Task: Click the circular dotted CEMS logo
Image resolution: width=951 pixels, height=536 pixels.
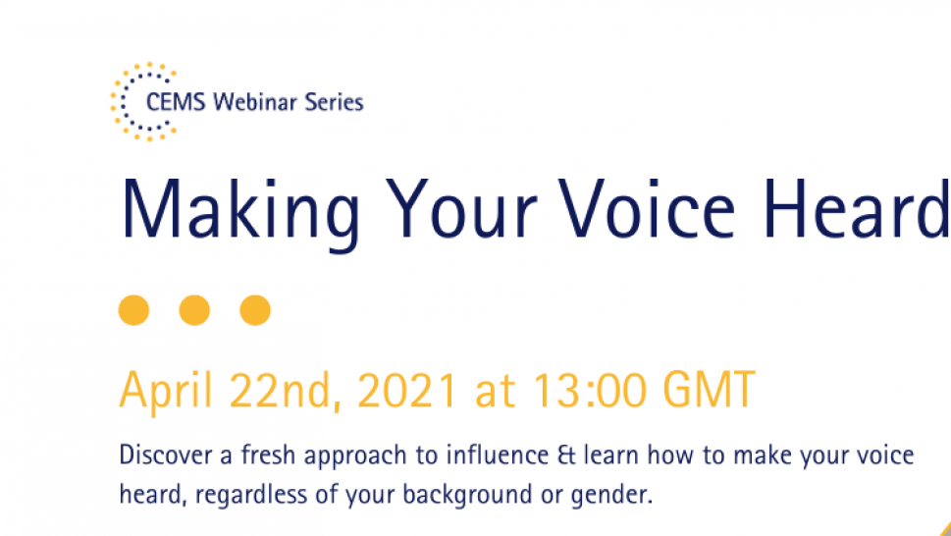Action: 143,101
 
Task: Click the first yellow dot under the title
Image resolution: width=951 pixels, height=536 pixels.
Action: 133,310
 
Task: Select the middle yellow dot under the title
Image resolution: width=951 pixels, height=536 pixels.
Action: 194,310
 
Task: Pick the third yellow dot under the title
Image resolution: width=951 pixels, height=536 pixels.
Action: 255,310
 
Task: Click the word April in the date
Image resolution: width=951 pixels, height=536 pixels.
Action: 168,392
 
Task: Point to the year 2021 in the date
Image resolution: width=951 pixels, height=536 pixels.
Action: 407,392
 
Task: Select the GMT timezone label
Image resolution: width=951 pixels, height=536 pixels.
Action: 709,392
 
